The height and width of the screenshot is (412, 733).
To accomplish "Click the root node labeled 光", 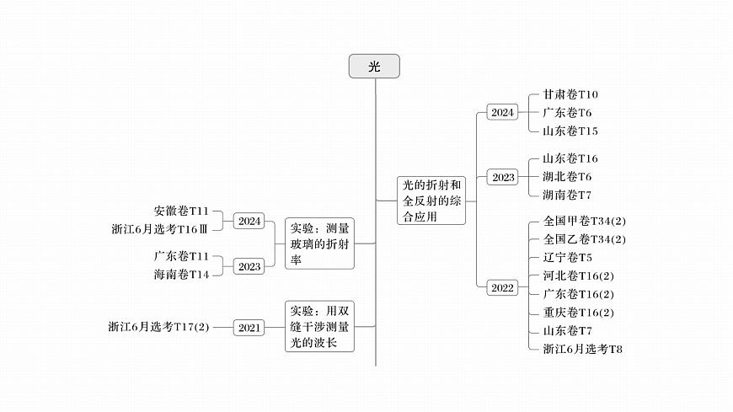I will point(374,67).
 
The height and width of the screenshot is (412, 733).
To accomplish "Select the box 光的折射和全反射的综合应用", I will point(431,200).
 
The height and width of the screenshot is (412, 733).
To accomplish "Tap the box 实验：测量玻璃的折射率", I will point(319,244).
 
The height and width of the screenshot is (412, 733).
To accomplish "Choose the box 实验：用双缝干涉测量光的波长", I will point(319,326).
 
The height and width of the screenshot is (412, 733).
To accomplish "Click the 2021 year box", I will point(249,327).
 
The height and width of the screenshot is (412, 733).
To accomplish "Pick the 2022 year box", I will point(502,287).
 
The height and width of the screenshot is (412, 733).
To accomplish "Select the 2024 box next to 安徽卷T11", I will point(249,222).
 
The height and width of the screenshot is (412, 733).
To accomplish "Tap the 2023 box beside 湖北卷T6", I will point(503,177).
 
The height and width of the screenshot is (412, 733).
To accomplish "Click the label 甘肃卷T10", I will point(570,94).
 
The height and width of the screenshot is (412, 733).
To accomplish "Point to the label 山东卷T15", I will point(570,131).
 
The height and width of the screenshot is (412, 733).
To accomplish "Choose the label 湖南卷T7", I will point(567,195).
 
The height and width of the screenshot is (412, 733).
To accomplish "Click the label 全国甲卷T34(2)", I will point(585,221).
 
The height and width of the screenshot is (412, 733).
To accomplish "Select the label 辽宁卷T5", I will point(567,257).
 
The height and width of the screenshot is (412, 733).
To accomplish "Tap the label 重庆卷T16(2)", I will point(579,312).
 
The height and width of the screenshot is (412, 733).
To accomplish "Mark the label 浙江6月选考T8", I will point(582,348).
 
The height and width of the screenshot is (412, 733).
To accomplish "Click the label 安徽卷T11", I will point(181,211).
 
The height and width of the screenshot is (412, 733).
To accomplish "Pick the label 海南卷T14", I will point(181,275).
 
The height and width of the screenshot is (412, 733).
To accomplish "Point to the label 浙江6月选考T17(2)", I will point(158,327).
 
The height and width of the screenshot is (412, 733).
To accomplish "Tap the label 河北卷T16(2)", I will point(579,276).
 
